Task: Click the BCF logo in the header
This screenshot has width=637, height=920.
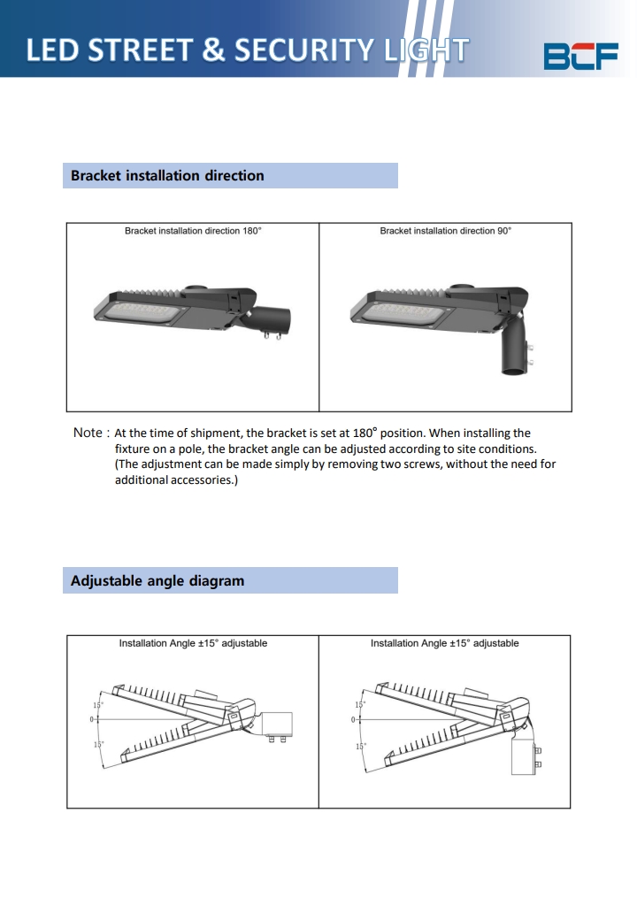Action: tap(580, 55)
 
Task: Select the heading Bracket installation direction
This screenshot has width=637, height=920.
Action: tap(167, 176)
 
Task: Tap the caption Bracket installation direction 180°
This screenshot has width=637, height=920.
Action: tap(193, 231)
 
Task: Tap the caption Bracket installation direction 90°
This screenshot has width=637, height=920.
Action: tap(445, 231)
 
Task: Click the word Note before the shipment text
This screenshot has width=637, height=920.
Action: tap(88, 433)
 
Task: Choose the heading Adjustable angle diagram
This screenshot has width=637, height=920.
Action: tap(157, 581)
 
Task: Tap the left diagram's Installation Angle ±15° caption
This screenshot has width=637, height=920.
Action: tap(193, 643)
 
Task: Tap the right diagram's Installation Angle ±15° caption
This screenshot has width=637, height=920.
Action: tap(444, 643)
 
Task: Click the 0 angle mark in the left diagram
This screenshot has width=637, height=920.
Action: tap(92, 720)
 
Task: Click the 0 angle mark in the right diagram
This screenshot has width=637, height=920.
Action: tap(354, 720)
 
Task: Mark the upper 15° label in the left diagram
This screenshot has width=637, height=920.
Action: tap(97, 704)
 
